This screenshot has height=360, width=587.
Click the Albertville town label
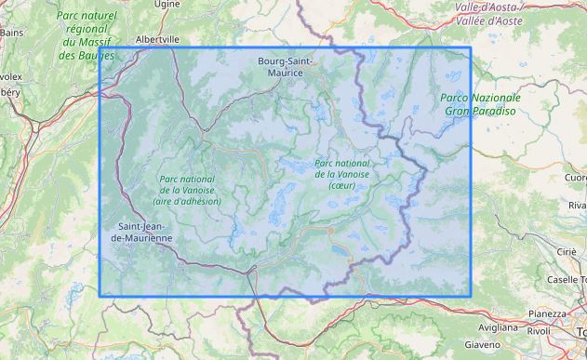click(156, 40)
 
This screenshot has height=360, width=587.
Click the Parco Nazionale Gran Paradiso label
click(481, 103)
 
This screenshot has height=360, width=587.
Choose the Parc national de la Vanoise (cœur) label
click(342, 173)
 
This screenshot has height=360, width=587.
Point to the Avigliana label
click(498, 327)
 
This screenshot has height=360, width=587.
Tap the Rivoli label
click(540, 329)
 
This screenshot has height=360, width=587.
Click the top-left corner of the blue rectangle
click(100, 48)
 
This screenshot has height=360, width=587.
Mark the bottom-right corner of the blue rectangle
click(471, 296)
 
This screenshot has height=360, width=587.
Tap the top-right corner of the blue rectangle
click(471, 48)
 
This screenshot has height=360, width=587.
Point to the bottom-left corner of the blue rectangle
click(100, 296)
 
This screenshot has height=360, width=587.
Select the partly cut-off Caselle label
click(566, 279)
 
